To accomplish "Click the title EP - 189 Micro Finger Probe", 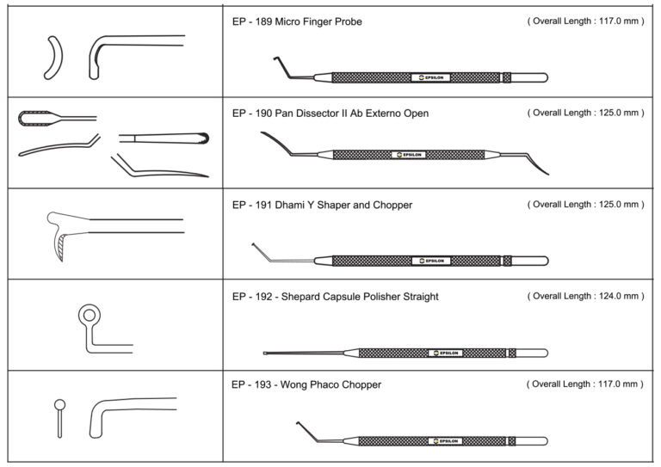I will tap(298, 22).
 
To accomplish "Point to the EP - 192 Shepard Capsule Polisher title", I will tap(336, 297).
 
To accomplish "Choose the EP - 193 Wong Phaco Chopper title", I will tap(306, 384).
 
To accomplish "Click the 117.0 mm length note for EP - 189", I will tap(585, 22).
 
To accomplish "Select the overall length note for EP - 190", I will tap(585, 113).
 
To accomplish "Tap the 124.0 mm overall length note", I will tap(585, 296).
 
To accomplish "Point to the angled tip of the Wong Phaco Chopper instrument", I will tap(300, 426).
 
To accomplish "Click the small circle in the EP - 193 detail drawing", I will tap(59, 404).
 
